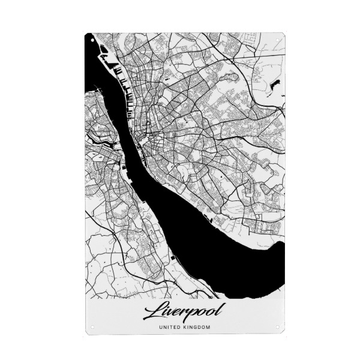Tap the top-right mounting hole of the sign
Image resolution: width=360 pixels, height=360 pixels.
(278, 40)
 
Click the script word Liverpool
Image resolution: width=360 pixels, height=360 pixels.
(184, 311)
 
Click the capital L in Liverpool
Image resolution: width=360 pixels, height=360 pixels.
(151, 310)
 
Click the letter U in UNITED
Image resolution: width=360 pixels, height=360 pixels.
(160, 327)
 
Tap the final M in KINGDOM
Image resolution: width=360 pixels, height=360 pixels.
(210, 327)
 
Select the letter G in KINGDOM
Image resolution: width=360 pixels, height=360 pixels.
(197, 327)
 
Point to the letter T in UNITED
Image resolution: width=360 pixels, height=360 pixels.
(171, 327)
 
